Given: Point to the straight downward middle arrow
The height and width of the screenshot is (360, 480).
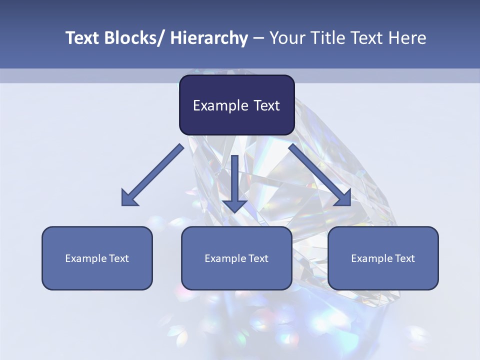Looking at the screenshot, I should [234, 180].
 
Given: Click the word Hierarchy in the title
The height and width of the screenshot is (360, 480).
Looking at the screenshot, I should [209, 38].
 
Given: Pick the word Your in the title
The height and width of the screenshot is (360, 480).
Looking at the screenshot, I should [286, 38].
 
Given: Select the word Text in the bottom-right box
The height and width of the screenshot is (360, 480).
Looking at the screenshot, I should [405, 258].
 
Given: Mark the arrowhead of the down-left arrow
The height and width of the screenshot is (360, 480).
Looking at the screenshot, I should [129, 198].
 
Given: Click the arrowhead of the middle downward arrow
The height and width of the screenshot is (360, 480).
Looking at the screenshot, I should [234, 205].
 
